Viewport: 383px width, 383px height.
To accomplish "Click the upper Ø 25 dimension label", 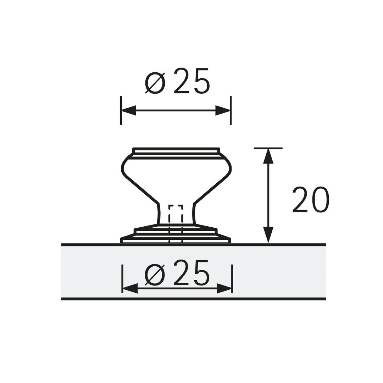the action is coord(178,81).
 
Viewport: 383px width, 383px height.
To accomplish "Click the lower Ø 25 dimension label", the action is coord(178,273).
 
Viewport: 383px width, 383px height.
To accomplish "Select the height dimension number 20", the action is coord(311,200).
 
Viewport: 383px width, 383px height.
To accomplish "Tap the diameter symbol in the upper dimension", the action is coord(155,83).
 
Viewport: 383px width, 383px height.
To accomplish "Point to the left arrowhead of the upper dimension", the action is coord(129,110).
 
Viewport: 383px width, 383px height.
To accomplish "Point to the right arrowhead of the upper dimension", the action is coord(222,110).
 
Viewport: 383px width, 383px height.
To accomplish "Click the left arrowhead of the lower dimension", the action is coord(130,288).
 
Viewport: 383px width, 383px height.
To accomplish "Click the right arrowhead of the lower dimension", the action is coord(224,288).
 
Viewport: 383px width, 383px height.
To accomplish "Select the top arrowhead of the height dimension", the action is coord(268,156).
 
